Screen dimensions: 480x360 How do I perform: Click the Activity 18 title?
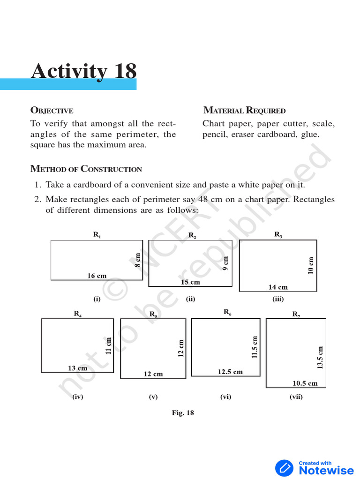click(x=84, y=71)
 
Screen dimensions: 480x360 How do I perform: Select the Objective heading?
click(x=52, y=111)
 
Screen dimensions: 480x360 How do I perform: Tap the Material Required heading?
click(x=244, y=111)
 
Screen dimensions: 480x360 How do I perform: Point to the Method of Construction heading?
click(x=86, y=169)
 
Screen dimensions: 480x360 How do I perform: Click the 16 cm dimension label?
click(x=97, y=276)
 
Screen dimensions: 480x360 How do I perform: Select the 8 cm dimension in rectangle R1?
click(x=138, y=260)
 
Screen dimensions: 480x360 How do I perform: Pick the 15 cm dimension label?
click(x=190, y=282)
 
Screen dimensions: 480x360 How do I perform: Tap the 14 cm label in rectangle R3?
click(x=278, y=287)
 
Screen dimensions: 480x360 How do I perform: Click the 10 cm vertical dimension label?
click(x=311, y=265)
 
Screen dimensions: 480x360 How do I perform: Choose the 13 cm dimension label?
click(x=78, y=368)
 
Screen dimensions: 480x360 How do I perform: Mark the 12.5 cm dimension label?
click(x=230, y=372)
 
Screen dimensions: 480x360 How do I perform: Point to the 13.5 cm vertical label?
click(x=321, y=357)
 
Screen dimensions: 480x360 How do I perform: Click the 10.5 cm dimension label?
click(x=305, y=383)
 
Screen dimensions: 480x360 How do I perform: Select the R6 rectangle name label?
click(x=227, y=312)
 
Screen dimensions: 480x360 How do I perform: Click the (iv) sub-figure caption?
click(x=77, y=397)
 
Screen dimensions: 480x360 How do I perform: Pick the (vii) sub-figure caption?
click(x=296, y=397)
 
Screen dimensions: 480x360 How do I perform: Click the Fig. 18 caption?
click(x=183, y=412)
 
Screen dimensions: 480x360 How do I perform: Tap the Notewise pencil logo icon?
click(x=284, y=468)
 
